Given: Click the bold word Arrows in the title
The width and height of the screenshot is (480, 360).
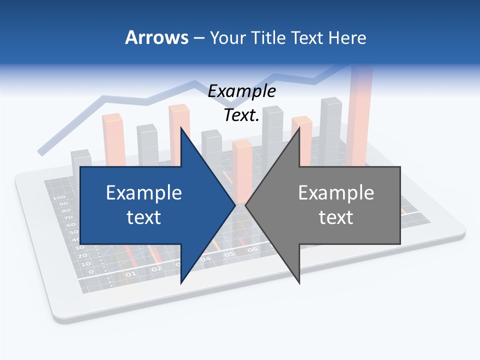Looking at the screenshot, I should [156, 37].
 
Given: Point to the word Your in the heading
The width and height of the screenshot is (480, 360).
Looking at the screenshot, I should [227, 37].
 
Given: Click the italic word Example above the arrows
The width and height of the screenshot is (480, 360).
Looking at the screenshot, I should [241, 91].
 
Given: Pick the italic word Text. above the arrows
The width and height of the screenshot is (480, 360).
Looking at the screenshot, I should [241, 115].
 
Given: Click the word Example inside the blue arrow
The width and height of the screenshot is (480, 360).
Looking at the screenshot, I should [144, 192].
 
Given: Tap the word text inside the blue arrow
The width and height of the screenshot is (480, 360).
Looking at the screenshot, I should [144, 217].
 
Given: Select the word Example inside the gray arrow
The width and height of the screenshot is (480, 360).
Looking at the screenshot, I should [336, 192].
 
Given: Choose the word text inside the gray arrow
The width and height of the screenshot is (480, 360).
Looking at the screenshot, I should [336, 217].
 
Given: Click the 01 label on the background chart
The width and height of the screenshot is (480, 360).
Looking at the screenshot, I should [131, 274].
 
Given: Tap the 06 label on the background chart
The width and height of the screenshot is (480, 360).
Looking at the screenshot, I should [252, 249].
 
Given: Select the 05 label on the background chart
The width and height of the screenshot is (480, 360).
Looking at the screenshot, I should [229, 254].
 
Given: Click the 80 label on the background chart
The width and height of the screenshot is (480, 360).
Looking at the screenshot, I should [65, 210].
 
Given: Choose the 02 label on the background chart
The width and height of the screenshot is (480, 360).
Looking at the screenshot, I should [157, 268].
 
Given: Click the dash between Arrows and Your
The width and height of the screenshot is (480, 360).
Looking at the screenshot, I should [198, 37].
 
